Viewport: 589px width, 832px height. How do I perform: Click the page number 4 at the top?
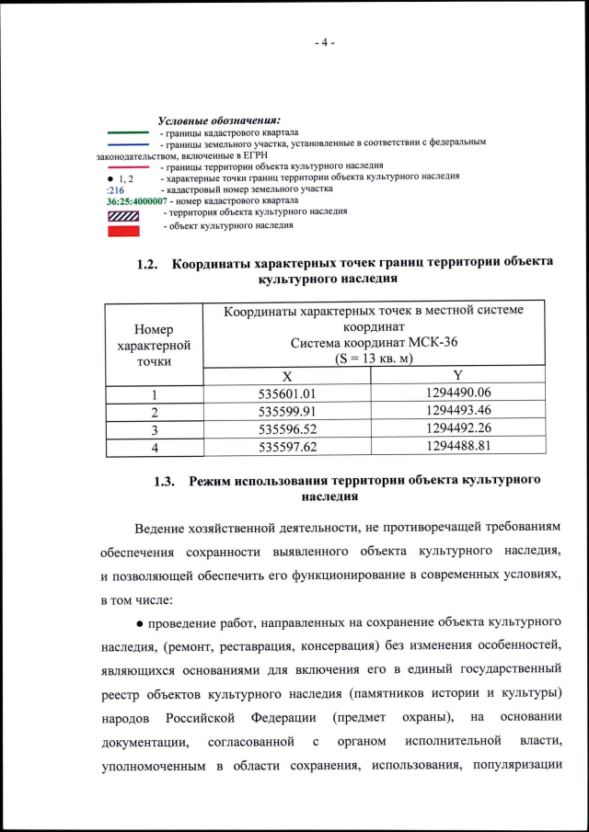point(325,43)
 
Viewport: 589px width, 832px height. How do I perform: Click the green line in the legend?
point(128,132)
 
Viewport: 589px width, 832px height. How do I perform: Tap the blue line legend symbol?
point(128,144)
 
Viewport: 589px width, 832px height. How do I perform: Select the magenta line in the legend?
point(128,167)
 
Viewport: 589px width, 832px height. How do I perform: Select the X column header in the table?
point(286,376)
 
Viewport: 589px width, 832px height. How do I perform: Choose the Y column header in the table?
point(457,376)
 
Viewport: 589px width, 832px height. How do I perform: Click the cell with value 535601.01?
point(286,394)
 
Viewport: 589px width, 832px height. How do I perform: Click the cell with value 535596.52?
point(286,429)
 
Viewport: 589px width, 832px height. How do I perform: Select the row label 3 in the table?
point(154,429)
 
